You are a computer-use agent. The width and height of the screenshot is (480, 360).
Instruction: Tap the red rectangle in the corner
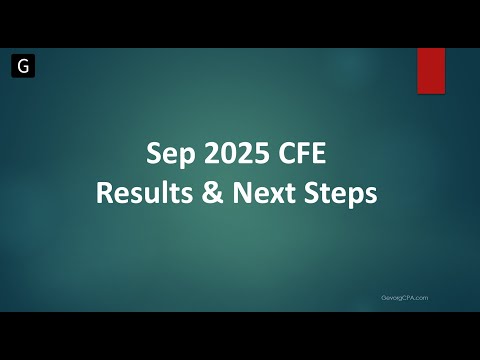click(x=431, y=70)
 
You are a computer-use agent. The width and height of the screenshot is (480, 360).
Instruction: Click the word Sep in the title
click(x=166, y=156)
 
